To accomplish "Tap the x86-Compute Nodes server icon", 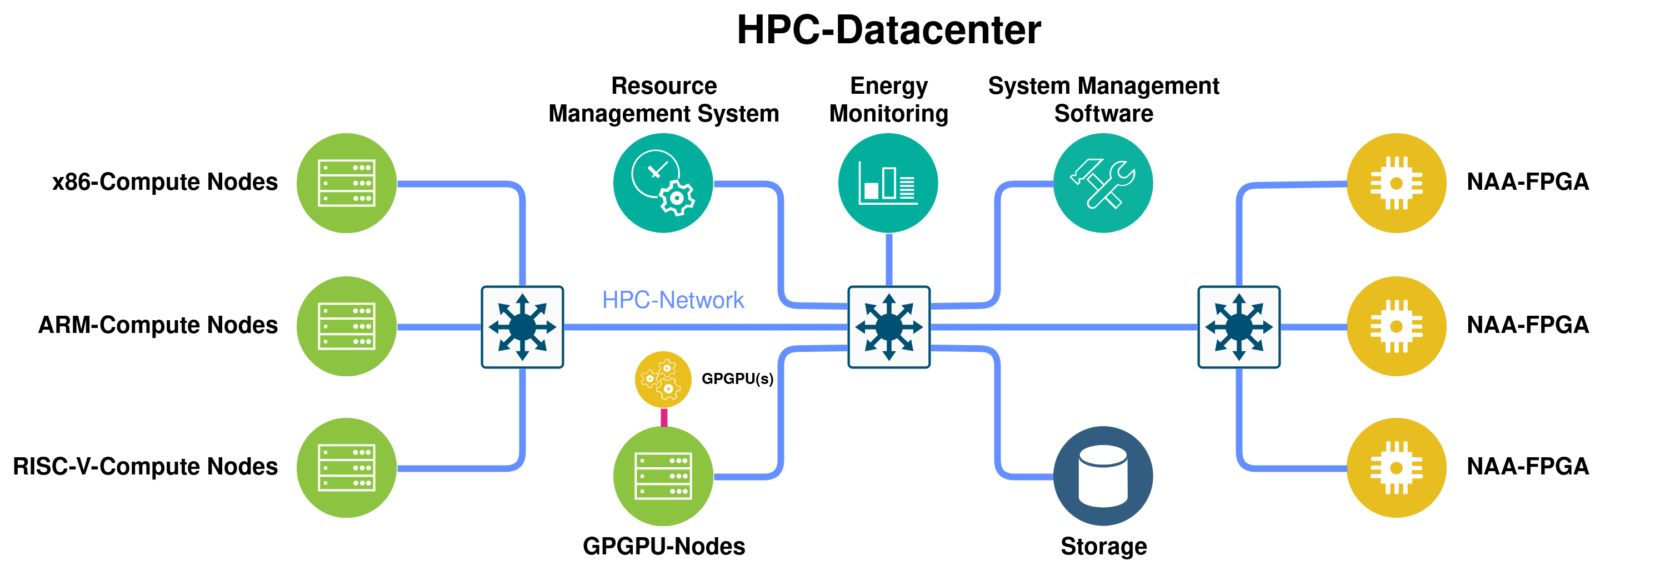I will click(347, 184).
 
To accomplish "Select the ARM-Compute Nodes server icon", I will click(347, 326).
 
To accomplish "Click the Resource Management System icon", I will click(663, 184).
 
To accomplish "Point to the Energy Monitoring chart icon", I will click(888, 184).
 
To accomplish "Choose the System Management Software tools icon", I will click(1103, 184).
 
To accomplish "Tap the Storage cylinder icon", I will click(1103, 476).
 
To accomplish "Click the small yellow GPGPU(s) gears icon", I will click(663, 379).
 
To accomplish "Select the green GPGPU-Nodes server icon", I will click(663, 477).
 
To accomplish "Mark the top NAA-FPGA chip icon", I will click(1397, 184).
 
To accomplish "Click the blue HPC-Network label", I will click(673, 300).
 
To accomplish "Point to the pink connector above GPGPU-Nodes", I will click(664, 417).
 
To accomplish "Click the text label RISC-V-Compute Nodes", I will click(145, 466).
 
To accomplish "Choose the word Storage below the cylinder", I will click(1103, 546).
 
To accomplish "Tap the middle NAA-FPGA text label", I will click(1527, 325).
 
